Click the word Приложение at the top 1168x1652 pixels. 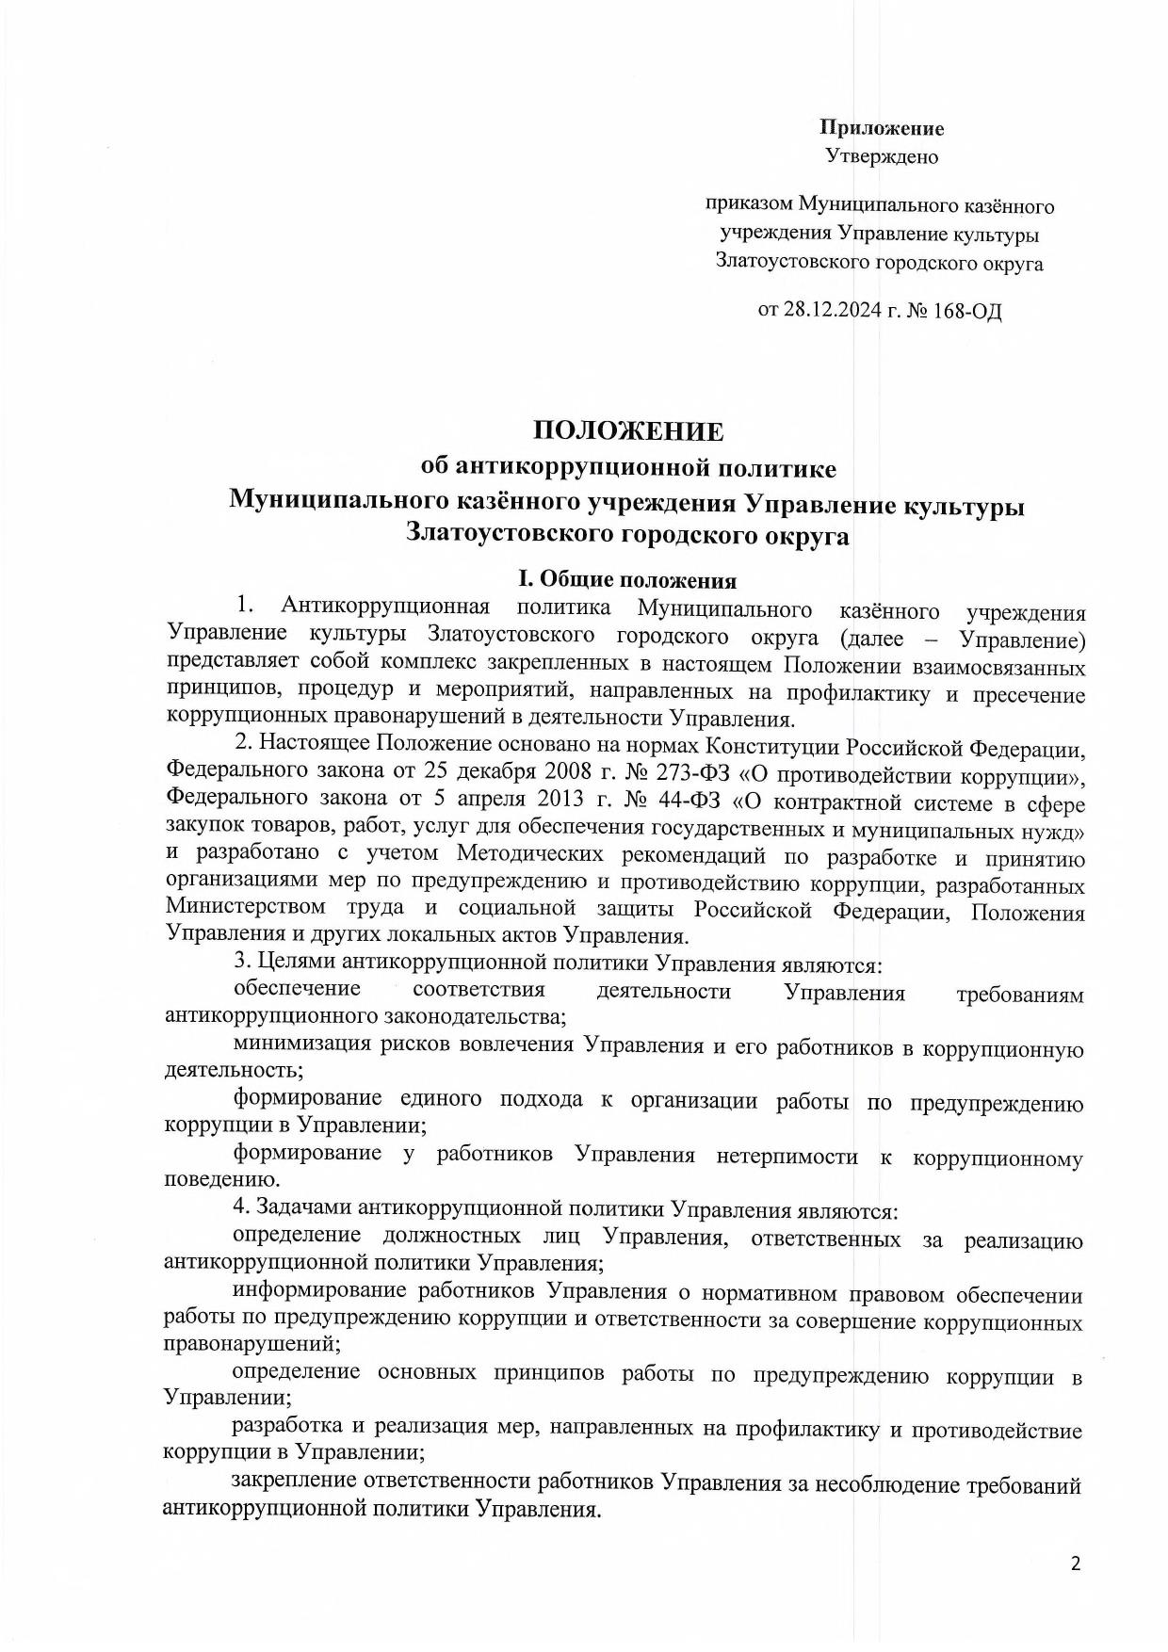[882, 128]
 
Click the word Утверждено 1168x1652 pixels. [882, 156]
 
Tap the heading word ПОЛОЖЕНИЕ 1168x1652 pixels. [629, 431]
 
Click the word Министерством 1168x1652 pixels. [246, 911]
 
